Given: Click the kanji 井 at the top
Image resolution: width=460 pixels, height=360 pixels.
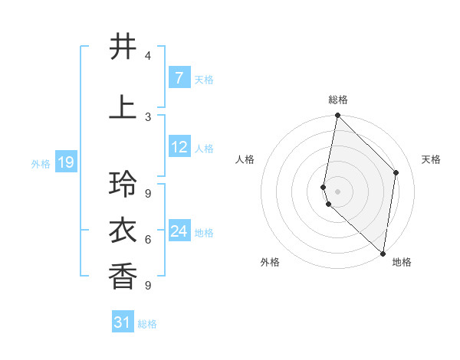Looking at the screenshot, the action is [123, 47].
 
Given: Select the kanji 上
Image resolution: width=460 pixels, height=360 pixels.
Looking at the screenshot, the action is [123, 107].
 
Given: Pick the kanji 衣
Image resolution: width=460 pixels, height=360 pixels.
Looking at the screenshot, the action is [123, 230].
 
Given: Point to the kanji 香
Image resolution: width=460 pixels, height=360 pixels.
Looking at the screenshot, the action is [123, 275].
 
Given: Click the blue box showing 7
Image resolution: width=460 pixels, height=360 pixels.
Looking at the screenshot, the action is [179, 77].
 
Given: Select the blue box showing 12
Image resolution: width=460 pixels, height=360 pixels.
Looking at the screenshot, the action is [179, 147].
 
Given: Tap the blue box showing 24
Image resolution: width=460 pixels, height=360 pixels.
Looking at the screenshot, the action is [179, 231].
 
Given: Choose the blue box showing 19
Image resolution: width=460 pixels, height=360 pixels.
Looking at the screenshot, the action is [66, 162].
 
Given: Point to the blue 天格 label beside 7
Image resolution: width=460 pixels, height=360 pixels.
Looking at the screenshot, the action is [204, 79].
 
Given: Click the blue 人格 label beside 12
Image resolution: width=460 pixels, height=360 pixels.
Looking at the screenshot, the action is [204, 149].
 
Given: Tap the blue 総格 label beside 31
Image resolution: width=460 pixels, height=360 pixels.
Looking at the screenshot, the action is [148, 324].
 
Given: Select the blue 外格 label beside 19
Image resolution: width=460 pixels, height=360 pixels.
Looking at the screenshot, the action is [40, 163].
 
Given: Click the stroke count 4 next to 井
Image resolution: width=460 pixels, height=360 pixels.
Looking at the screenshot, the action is [148, 56].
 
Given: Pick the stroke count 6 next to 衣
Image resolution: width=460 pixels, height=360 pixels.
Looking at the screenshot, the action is [148, 240].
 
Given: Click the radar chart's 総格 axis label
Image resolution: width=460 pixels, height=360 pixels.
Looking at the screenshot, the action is [337, 100].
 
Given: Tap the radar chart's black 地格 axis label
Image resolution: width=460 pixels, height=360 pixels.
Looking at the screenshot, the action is [402, 262].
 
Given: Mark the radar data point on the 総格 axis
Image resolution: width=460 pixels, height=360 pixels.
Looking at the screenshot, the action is [337, 115].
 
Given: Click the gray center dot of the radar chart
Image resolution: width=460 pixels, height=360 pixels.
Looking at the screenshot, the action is [337, 191].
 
